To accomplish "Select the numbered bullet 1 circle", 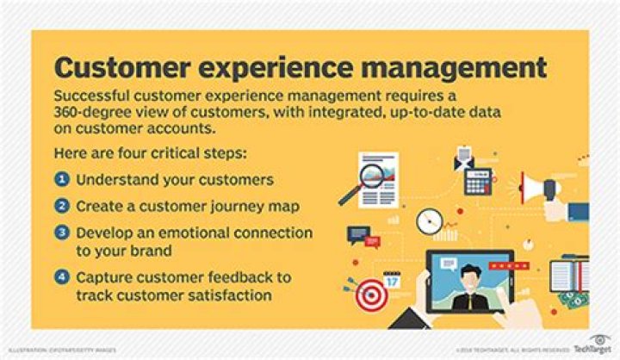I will pos(62,180).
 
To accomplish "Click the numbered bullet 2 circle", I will pos(62,206).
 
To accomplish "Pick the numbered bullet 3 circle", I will pos(62,233).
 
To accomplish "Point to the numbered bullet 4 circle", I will pos(62,277).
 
